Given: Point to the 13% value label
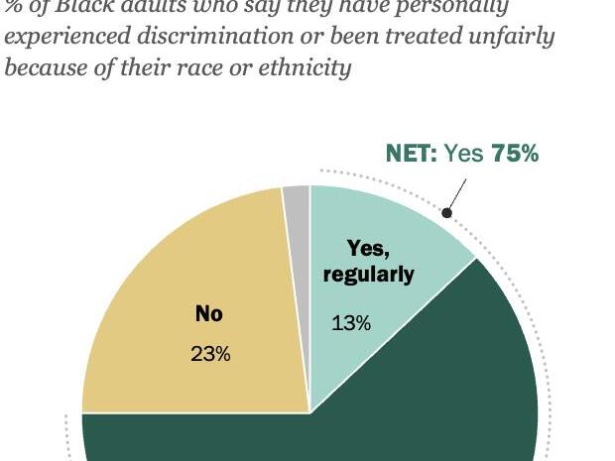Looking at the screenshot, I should [351, 323].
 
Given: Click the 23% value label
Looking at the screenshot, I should [210, 354].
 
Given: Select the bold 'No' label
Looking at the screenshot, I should [209, 313].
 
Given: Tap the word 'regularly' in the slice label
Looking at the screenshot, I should [368, 275].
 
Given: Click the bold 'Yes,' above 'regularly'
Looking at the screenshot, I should [368, 249].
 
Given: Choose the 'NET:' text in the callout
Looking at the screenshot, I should [411, 154].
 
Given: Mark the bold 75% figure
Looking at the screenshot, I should [515, 154].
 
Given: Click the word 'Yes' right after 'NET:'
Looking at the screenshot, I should [463, 154].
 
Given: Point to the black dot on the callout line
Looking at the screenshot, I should [447, 212].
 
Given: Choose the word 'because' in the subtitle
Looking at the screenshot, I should [41, 68].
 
